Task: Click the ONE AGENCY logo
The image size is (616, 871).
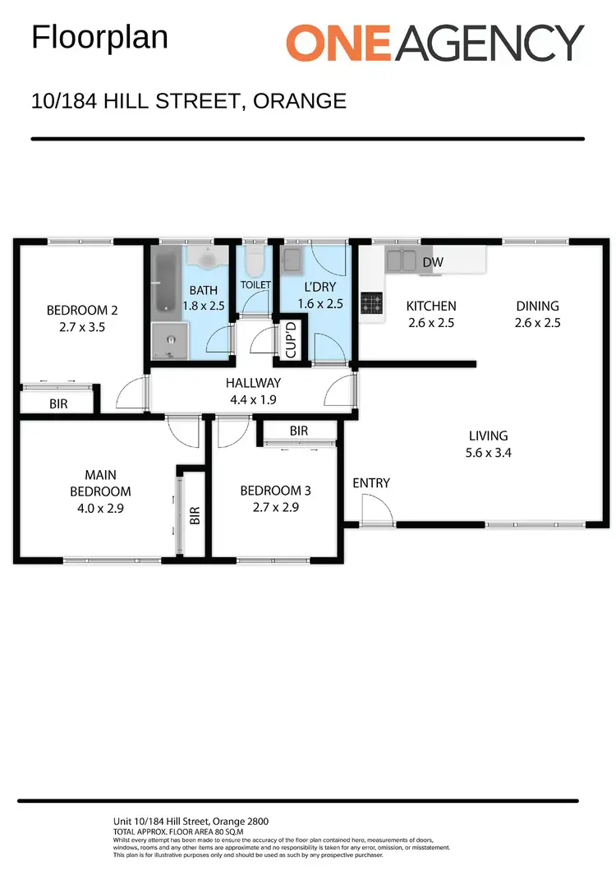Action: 434,42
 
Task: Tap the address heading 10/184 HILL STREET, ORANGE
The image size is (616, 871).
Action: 188,101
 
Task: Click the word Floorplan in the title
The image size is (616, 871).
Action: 99,38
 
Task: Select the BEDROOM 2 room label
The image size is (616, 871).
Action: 82,311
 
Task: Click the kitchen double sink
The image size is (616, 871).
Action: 400,260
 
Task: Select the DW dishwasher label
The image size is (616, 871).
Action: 434,262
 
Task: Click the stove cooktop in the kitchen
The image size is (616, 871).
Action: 372,302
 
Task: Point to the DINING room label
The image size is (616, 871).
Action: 537,306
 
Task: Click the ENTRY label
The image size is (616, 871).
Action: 371,483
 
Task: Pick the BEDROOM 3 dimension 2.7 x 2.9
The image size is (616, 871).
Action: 275,507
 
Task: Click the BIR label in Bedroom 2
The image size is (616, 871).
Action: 58,404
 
